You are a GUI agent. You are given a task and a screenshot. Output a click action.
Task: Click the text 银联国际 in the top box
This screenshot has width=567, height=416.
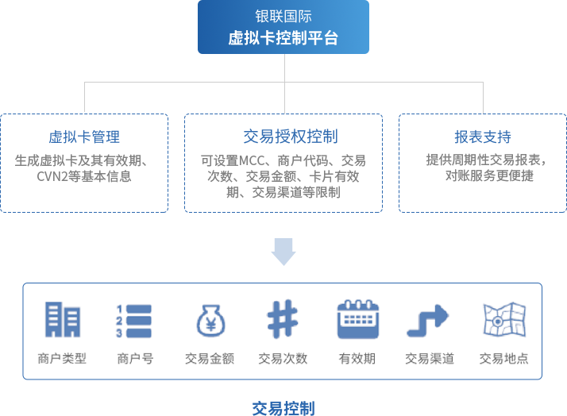283,16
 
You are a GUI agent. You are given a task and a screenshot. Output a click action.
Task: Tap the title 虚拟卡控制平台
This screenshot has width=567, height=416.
283,37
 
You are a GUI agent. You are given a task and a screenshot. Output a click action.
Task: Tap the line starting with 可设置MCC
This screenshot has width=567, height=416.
283,160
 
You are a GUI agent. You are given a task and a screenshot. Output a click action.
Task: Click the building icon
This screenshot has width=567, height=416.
63,320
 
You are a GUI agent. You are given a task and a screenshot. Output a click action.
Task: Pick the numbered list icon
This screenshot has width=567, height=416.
133,320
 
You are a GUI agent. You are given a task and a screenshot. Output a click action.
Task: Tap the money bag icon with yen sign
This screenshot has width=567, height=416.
210,320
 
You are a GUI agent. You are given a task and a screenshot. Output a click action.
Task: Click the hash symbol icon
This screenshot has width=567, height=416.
282,320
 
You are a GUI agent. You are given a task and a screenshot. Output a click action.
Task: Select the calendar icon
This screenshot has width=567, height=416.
356,320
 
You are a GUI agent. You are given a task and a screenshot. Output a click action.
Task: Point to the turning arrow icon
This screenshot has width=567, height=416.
428,320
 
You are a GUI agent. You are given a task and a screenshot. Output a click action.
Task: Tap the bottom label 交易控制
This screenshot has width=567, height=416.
283,408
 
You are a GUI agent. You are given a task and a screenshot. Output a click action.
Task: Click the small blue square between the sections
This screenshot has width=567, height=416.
283,252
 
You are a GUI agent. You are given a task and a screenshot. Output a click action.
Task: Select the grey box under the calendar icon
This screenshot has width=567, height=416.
356,359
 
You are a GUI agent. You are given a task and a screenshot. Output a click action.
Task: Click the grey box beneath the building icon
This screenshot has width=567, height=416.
62,358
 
